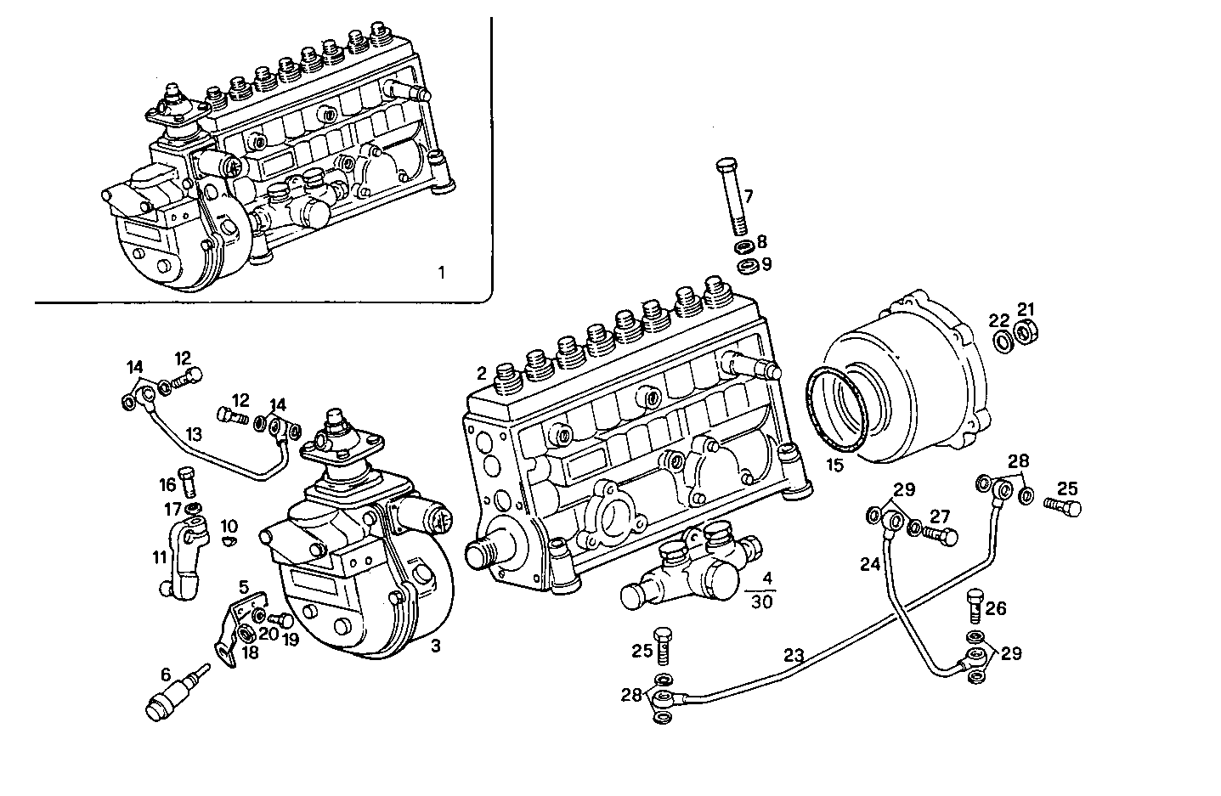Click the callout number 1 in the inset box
(x=440, y=273)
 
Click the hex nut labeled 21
(x=1026, y=332)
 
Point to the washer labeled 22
(x=1003, y=341)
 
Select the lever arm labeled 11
(x=182, y=560)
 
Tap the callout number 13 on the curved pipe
(x=194, y=434)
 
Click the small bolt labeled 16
(x=188, y=483)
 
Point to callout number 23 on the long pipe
(x=793, y=656)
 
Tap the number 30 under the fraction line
(x=762, y=601)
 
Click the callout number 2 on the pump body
(x=481, y=373)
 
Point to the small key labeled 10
(x=229, y=539)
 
